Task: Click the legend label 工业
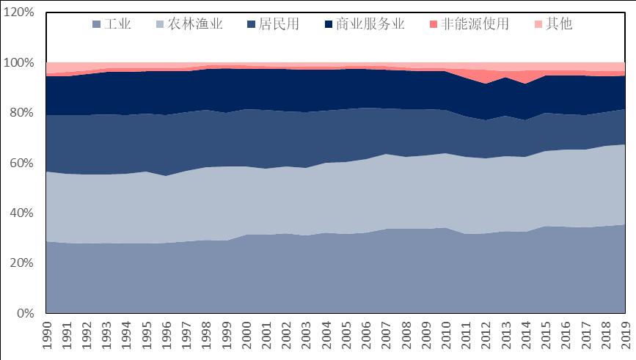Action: pos(118,24)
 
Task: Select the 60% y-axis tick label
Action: pos(21,164)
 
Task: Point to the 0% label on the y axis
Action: pos(25,314)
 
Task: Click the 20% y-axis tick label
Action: pos(21,264)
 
